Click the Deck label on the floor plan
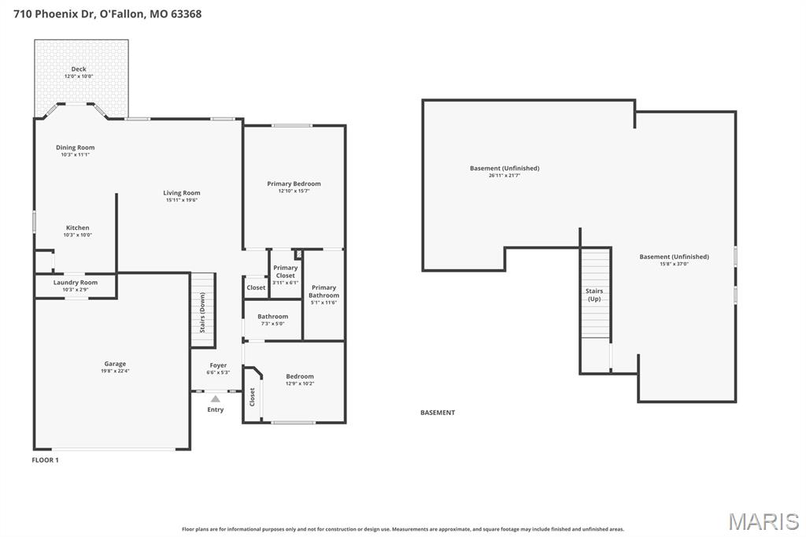[x=79, y=69]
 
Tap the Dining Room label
[x=75, y=147]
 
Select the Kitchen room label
[x=77, y=228]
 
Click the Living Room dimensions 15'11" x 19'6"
[x=181, y=200]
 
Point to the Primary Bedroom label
[x=294, y=183]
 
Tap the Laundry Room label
[x=76, y=283]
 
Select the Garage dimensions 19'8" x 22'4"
[x=115, y=370]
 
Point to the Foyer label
[x=218, y=365]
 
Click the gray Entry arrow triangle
[x=215, y=399]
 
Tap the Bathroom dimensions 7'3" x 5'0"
[x=272, y=324]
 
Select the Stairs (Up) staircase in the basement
[x=595, y=293]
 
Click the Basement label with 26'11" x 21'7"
[x=505, y=168]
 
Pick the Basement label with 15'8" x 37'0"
[x=674, y=257]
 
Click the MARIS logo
[x=763, y=520]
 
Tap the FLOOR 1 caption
[x=45, y=460]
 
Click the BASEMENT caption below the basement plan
[x=438, y=413]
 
